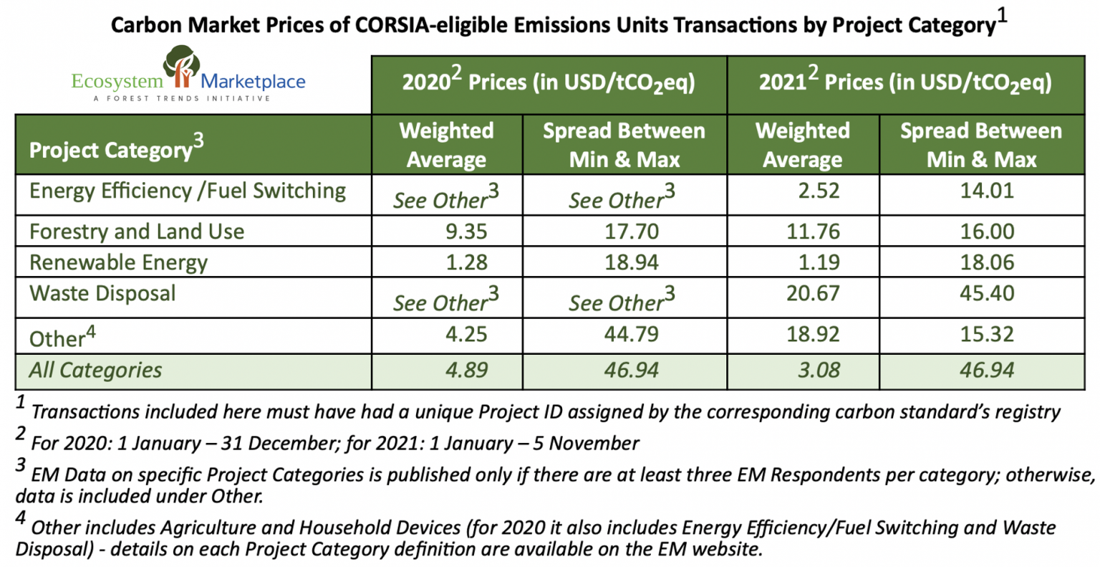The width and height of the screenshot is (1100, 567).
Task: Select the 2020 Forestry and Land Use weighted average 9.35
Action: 466,232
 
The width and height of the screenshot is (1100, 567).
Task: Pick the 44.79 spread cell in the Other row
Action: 631,334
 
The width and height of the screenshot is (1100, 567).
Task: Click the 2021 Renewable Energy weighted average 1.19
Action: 819,262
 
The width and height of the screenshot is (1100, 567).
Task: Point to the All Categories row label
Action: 95,371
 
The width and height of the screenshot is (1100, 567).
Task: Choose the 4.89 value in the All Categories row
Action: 466,371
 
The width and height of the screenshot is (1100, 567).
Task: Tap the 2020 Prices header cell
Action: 549,83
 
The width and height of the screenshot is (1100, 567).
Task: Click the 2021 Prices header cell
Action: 905,83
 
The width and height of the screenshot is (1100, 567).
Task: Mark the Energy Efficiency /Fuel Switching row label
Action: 188,191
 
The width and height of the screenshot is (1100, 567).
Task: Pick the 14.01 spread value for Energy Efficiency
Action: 987,191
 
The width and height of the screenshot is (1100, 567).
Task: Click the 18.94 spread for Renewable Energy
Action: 631,262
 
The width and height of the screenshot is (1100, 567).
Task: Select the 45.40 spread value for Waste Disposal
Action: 987,293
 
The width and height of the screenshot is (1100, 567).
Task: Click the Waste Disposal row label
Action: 102,293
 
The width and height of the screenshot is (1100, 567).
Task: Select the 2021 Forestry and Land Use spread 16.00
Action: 987,232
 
